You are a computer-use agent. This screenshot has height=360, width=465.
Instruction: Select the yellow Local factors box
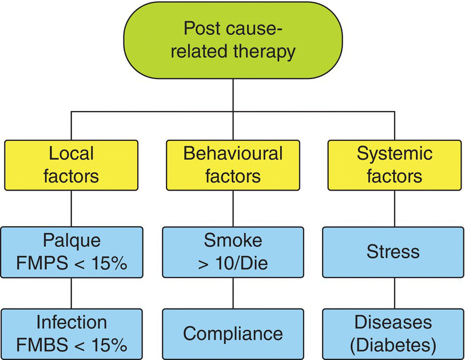pyautogui.click(x=71, y=165)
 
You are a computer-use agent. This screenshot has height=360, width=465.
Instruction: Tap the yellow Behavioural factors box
pyautogui.click(x=232, y=165)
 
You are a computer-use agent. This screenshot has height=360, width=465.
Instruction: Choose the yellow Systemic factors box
pyautogui.click(x=394, y=165)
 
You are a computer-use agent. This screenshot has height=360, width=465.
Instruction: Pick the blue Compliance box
pyautogui.click(x=232, y=334)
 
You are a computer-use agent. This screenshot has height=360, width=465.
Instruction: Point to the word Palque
pyautogui.click(x=71, y=241)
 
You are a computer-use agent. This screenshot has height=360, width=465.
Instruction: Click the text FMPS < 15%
pyautogui.click(x=71, y=263)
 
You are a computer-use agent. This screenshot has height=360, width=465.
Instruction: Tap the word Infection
pyautogui.click(x=71, y=323)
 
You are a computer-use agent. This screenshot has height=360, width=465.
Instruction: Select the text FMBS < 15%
pyautogui.click(x=71, y=345)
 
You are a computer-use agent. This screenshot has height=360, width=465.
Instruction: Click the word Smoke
pyautogui.click(x=232, y=241)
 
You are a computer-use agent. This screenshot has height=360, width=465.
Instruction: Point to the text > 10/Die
pyautogui.click(x=232, y=263)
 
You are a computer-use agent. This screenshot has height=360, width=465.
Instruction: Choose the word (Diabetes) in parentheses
pyautogui.click(x=394, y=345)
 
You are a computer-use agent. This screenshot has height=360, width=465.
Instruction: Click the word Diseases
pyautogui.click(x=394, y=323)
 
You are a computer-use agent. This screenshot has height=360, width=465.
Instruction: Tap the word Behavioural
pyautogui.click(x=232, y=154)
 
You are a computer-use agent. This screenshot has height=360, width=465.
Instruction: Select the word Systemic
pyautogui.click(x=394, y=154)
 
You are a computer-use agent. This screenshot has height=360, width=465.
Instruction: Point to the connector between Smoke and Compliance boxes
pyautogui.click(x=232, y=293)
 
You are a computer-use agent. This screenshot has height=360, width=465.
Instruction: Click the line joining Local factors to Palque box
pyautogui.click(x=71, y=208)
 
